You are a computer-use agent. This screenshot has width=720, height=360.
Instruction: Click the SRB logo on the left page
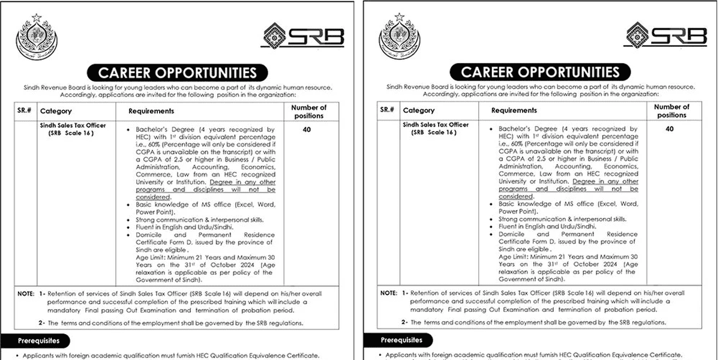[303, 36]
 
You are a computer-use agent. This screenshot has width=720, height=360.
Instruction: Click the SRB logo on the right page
[665, 35]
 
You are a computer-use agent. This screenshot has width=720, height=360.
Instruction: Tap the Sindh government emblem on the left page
[36, 38]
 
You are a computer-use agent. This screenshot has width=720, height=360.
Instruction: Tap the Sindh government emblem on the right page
[399, 38]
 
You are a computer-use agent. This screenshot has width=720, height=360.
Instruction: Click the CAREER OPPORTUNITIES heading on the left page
[178, 73]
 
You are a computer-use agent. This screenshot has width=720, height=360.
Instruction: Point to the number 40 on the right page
[670, 129]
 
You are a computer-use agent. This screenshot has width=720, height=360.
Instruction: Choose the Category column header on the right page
[419, 110]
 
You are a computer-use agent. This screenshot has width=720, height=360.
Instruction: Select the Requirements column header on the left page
[151, 111]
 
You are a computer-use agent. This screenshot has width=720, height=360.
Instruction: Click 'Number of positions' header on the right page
[671, 111]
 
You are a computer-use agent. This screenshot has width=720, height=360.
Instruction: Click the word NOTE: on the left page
[26, 294]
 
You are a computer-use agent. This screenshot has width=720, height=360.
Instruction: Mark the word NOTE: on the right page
[389, 294]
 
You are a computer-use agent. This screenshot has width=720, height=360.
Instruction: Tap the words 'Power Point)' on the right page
[518, 212]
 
